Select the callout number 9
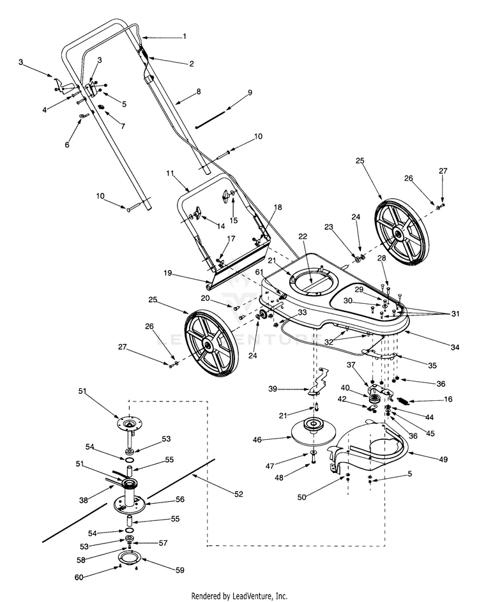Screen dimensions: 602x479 250,93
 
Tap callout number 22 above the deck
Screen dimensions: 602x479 302,236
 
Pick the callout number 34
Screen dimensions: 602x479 455,347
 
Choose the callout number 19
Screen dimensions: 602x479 168,273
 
